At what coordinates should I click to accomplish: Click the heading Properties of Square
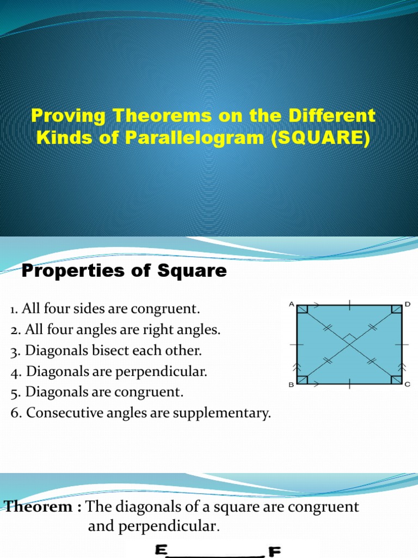[x=124, y=270]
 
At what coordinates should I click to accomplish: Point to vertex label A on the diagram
[x=291, y=305]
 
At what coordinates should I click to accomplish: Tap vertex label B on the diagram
[x=291, y=385]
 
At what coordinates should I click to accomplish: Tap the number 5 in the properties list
[x=14, y=392]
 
